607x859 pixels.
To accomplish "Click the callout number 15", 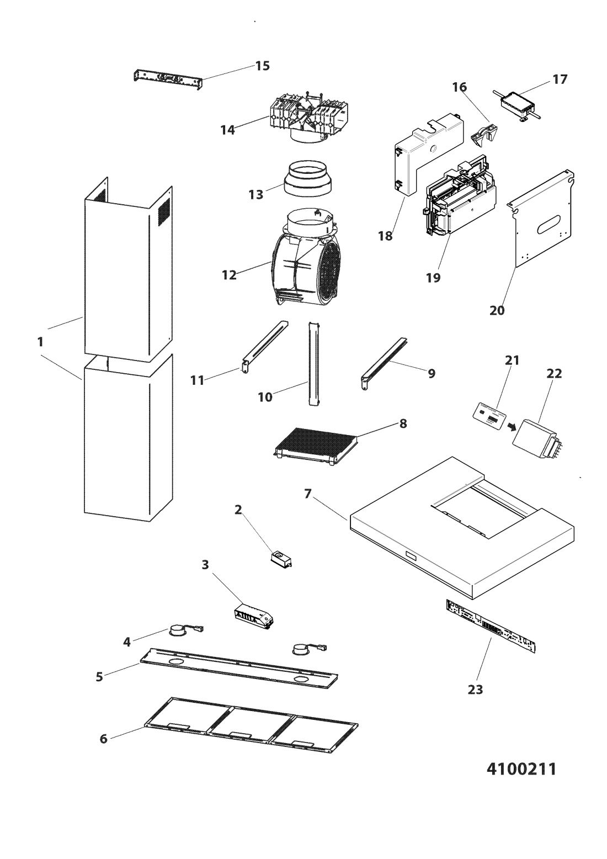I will click(262, 66).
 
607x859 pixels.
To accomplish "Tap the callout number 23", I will click(475, 689).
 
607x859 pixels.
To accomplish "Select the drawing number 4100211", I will click(521, 768).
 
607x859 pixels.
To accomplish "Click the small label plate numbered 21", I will click(488, 415).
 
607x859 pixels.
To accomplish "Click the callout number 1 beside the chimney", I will click(40, 342).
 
